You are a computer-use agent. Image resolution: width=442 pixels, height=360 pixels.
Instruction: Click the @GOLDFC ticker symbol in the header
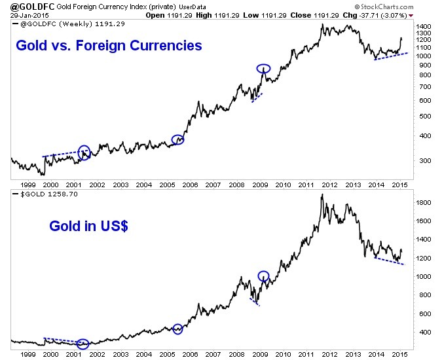[23, 6]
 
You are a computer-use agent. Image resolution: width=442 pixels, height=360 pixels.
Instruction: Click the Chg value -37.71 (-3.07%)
[395, 14]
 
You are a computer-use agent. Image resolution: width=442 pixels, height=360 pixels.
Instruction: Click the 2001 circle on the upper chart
[84, 153]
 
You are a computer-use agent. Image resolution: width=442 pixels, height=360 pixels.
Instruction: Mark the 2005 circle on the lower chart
[177, 329]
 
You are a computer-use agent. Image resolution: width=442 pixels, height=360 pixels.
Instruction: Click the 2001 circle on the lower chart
[83, 344]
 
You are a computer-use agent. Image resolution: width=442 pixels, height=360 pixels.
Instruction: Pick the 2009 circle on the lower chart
[263, 276]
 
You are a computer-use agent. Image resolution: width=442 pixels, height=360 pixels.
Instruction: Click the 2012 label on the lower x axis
[331, 353]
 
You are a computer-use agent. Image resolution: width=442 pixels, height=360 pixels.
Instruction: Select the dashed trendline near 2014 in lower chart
[393, 261]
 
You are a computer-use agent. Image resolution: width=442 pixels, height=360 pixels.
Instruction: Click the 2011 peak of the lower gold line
[322, 194]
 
